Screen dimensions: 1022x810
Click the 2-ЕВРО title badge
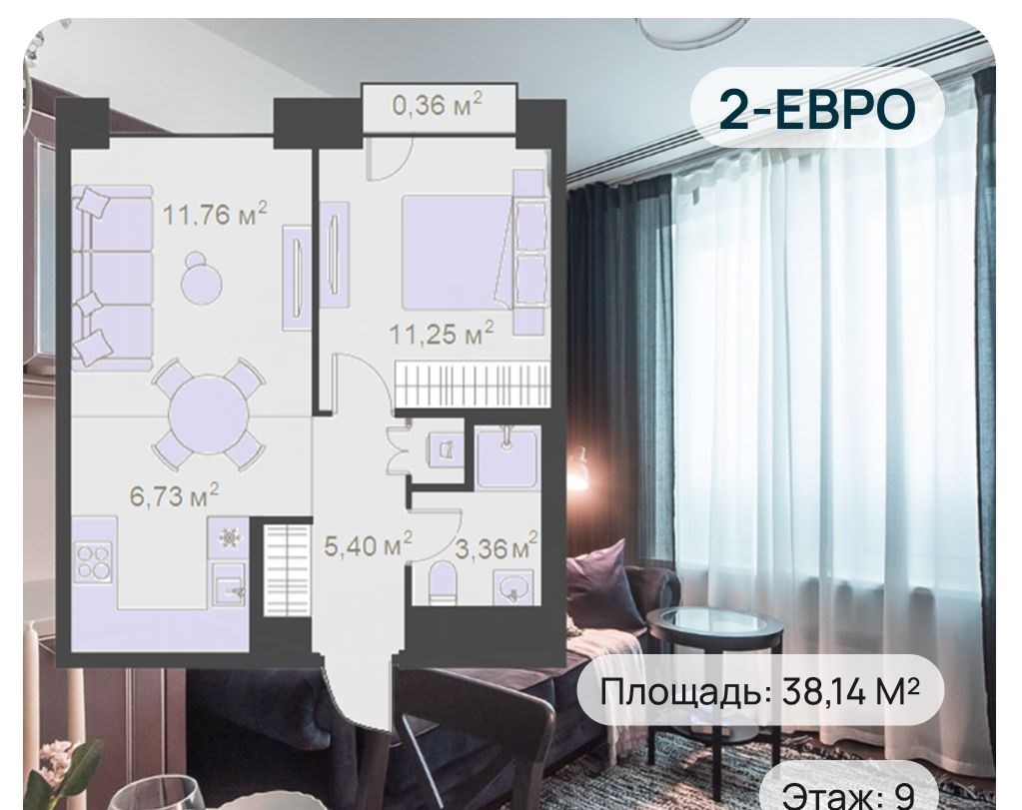[x=817, y=109]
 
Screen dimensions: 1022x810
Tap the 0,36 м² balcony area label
[x=438, y=104]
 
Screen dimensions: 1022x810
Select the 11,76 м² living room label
[x=215, y=213]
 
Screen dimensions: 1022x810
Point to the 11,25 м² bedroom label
[x=441, y=334]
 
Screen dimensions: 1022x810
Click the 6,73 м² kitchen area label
[x=174, y=496]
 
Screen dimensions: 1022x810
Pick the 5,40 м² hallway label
[x=369, y=544]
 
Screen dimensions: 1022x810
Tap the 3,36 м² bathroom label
[x=497, y=548]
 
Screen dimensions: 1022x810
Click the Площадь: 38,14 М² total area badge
[x=760, y=691]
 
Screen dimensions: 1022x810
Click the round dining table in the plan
[x=209, y=412]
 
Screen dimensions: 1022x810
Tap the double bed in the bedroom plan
[x=456, y=252]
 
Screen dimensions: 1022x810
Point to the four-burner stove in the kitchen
[x=94, y=561]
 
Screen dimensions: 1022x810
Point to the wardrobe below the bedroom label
[x=472, y=385]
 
